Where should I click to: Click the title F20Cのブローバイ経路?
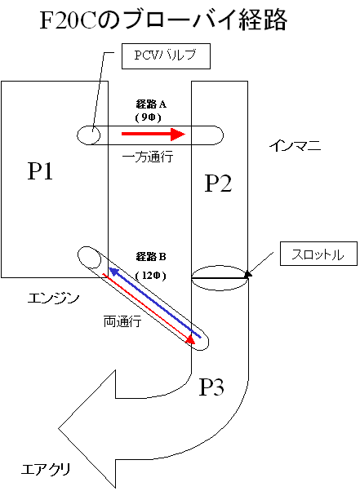click(163, 20)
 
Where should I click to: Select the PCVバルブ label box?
click(166, 56)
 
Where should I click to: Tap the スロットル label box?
click(318, 254)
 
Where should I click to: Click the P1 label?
click(40, 171)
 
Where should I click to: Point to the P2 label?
click(218, 184)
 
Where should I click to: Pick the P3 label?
click(211, 387)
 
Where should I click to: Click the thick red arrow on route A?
click(153, 134)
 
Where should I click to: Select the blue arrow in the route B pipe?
click(155, 303)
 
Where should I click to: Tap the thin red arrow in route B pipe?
click(149, 309)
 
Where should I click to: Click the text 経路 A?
click(151, 104)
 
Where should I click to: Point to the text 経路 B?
click(151, 257)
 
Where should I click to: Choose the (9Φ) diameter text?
click(149, 117)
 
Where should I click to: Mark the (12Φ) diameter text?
click(151, 276)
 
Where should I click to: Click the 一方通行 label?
click(148, 157)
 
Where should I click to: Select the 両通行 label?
click(122, 321)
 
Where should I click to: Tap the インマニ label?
click(296, 145)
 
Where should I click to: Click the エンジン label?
click(53, 299)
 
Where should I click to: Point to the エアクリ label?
click(46, 469)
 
